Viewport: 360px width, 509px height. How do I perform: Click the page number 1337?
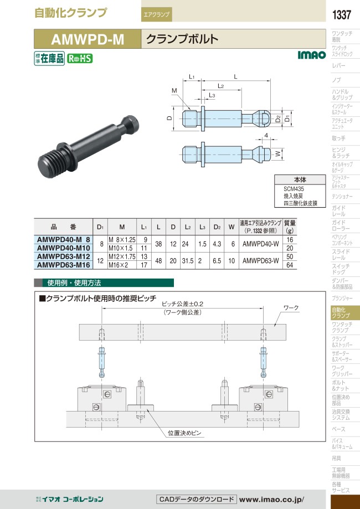coord(342,15)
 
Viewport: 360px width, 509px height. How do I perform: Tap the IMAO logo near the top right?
coord(312,55)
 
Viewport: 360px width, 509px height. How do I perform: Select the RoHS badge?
coord(80,58)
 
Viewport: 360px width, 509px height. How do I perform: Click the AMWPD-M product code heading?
coord(88,39)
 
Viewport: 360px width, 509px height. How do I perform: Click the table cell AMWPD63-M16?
coord(64,265)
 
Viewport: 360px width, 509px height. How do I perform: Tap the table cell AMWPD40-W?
coord(261,244)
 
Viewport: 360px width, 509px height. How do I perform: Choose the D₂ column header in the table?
coord(216,227)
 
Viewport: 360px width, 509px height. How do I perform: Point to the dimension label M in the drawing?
coord(174,91)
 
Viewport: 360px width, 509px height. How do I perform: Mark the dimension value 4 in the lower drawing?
coord(266,136)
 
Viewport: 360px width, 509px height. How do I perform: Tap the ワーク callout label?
coord(291,307)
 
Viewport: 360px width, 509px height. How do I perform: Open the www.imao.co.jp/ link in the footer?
coord(272,499)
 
